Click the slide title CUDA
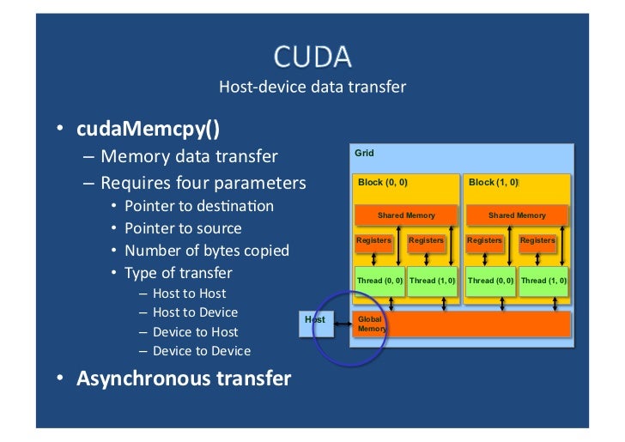click(x=312, y=57)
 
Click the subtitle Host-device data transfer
click(x=312, y=87)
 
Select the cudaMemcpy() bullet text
click(x=148, y=128)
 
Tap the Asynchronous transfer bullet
click(x=184, y=378)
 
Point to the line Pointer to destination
click(x=199, y=206)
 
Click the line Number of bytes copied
click(x=206, y=251)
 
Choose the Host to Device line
click(x=195, y=312)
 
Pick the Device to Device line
click(x=201, y=350)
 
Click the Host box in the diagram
click(x=315, y=320)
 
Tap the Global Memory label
click(x=370, y=324)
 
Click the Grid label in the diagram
click(x=365, y=154)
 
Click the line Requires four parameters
click(x=203, y=183)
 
